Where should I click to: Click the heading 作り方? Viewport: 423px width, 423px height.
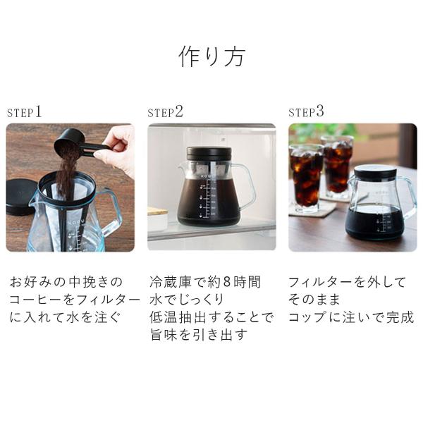pyautogui.click(x=211, y=56)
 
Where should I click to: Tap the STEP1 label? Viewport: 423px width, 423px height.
pyautogui.click(x=24, y=111)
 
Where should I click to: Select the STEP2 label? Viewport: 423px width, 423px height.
pyautogui.click(x=165, y=111)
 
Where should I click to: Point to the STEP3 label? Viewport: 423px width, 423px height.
pyautogui.click(x=306, y=111)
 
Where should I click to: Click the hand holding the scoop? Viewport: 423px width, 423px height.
pyautogui.click(x=118, y=149)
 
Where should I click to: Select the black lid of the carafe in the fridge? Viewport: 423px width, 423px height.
pyautogui.click(x=209, y=154)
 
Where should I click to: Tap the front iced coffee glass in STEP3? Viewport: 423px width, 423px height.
pyautogui.click(x=306, y=178)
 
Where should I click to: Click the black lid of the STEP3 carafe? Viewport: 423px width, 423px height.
pyautogui.click(x=375, y=171)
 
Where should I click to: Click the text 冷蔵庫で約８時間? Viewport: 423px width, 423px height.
pyautogui.click(x=205, y=282)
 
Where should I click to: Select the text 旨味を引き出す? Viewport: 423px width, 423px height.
pyautogui.click(x=199, y=334)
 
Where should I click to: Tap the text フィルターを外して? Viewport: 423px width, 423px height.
pyautogui.click(x=347, y=282)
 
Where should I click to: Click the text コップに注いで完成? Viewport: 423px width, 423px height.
pyautogui.click(x=351, y=317)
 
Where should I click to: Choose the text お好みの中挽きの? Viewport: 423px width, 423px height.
pyautogui.click(x=66, y=282)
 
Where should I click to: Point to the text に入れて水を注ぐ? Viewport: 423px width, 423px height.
pyautogui.click(x=65, y=317)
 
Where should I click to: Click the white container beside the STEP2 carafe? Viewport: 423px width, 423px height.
pyautogui.click(x=157, y=219)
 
